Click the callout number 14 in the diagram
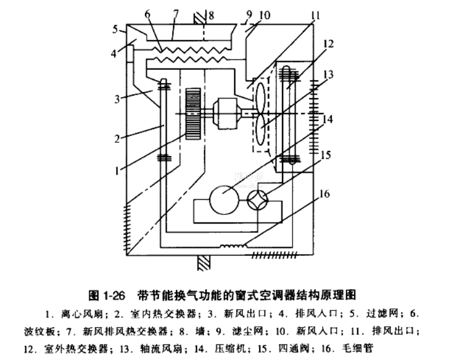pos(327,119)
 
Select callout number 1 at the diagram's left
pos(118,170)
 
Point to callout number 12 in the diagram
pos(327,43)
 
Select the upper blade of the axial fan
pos(261,98)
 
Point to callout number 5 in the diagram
pos(116,28)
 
